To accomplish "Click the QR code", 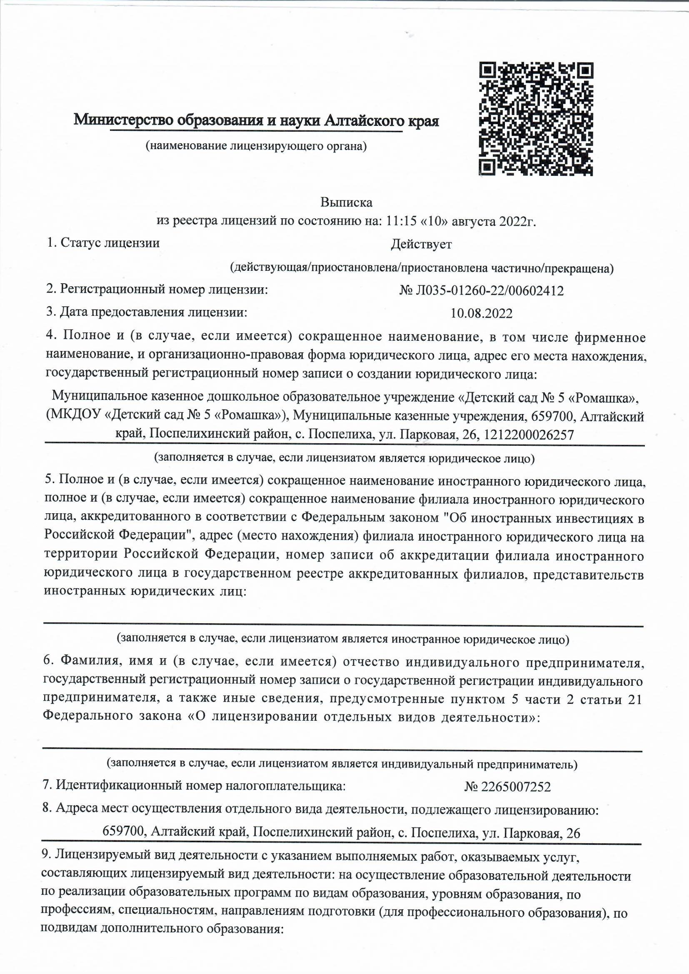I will [536, 119].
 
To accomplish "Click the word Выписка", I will [346, 202].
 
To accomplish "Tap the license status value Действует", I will [421, 245].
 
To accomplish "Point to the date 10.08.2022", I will [481, 314].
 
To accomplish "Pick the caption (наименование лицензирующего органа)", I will [256, 147].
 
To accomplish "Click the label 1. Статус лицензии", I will [104, 243].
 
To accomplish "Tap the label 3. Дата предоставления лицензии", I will [146, 312].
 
